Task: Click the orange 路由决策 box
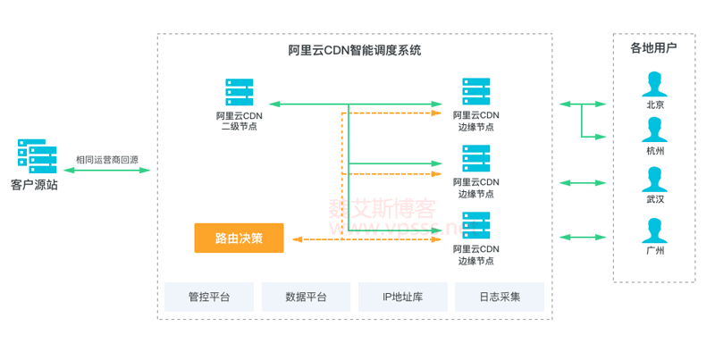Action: point(239,238)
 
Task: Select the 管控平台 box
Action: point(209,297)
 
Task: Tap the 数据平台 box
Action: point(306,297)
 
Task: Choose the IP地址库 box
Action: point(402,297)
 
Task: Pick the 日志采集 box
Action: point(500,297)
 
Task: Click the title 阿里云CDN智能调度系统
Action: point(355,51)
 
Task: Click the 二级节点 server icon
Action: point(239,92)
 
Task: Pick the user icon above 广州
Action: point(655,230)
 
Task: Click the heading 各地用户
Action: point(654,48)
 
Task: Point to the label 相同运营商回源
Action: point(106,159)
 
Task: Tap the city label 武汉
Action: point(655,199)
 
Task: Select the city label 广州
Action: point(655,251)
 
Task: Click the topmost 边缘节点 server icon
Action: point(475,92)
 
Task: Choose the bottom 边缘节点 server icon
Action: point(475,226)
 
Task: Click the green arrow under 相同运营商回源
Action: point(106,170)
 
